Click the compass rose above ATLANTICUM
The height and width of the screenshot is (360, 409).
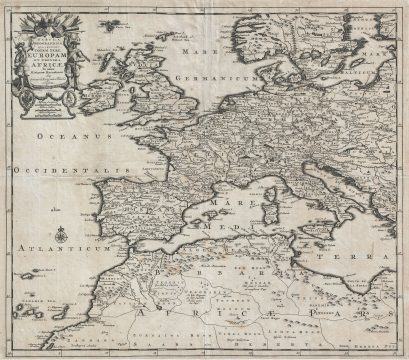click(62, 236)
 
